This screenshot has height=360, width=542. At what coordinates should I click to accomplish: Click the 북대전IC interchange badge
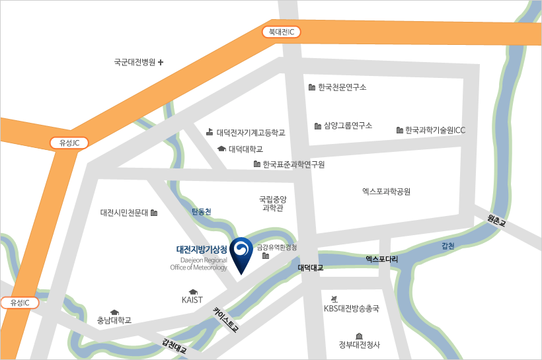(282, 32)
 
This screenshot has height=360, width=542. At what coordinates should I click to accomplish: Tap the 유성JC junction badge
(69, 143)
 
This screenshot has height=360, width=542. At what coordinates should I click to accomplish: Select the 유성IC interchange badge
(20, 303)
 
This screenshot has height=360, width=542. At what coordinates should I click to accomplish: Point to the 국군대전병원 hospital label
(134, 63)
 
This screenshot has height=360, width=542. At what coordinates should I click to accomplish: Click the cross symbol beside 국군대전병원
(161, 63)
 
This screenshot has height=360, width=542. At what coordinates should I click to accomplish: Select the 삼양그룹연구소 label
(348, 126)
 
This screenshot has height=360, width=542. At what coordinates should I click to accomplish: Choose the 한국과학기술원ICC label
(435, 130)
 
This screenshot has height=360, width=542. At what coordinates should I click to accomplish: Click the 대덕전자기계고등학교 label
(251, 132)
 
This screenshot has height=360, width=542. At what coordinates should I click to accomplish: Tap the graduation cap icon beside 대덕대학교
(221, 149)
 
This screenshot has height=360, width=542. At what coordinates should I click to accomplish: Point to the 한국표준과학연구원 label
(293, 164)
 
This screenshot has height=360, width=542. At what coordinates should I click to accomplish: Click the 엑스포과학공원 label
(387, 192)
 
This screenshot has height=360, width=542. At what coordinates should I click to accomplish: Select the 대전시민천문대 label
(124, 213)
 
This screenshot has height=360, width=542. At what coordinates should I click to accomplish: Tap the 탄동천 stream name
(201, 212)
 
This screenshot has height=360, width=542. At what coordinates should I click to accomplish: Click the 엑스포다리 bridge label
(381, 260)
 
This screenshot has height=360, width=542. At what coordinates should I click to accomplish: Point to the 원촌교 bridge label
(496, 220)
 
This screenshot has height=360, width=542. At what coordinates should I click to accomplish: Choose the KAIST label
(192, 300)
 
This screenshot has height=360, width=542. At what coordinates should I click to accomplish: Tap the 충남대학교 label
(114, 320)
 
